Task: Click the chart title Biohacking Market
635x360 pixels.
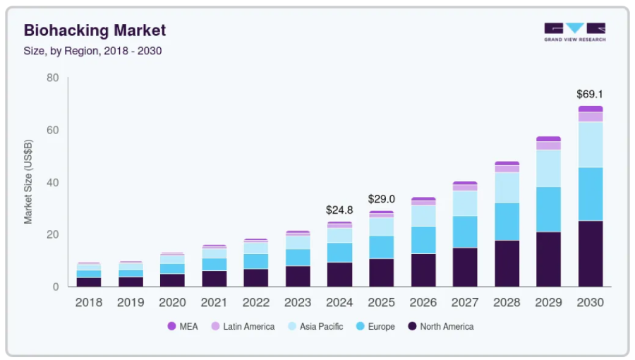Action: tap(95, 30)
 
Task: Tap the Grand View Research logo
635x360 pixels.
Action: tap(574, 32)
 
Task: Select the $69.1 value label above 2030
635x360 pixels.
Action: tap(590, 94)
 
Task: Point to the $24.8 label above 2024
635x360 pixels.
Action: tap(339, 210)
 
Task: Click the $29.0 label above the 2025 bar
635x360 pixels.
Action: tap(382, 199)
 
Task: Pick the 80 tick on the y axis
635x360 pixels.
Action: tap(52, 78)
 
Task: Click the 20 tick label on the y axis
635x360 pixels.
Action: tap(52, 234)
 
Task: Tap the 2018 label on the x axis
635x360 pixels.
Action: tap(89, 302)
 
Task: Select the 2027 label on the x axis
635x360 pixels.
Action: tap(465, 302)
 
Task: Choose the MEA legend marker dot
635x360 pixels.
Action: tap(171, 326)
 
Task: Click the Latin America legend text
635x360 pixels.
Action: tap(248, 326)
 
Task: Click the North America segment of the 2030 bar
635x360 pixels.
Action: tap(591, 253)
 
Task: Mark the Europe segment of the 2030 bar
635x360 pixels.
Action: tap(591, 194)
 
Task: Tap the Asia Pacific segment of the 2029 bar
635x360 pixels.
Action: tap(548, 168)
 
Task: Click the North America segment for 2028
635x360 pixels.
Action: tap(507, 263)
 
